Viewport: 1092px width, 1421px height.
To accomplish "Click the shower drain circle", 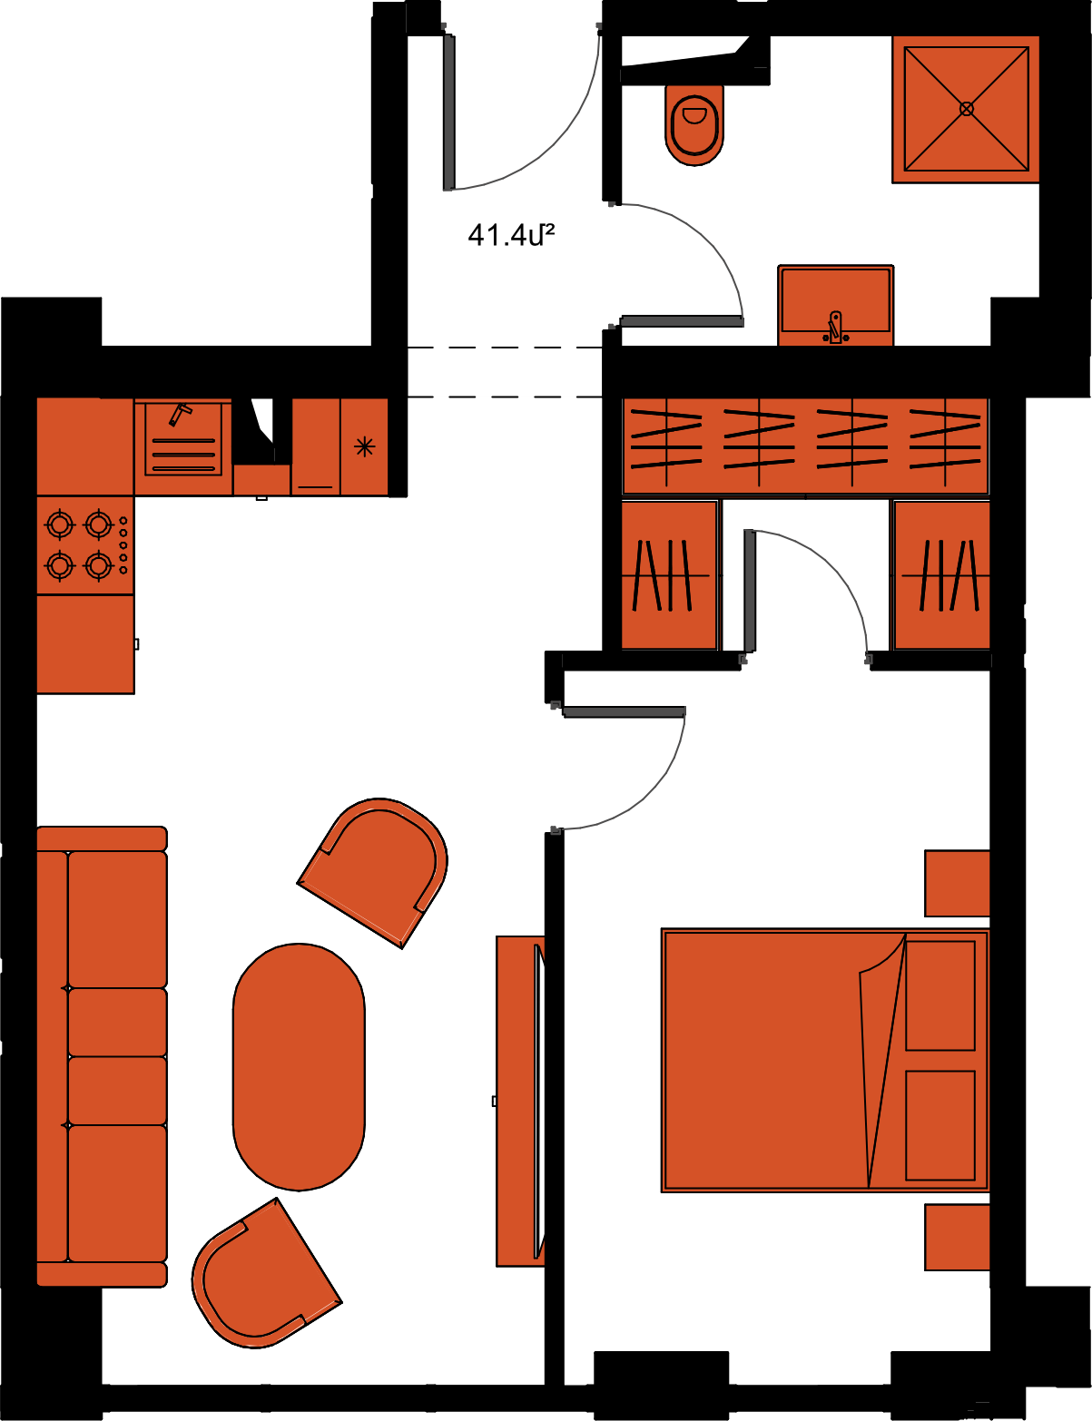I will click(967, 109).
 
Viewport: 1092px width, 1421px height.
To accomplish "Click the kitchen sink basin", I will click(183, 440).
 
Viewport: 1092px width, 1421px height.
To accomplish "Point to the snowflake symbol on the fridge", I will click(364, 446).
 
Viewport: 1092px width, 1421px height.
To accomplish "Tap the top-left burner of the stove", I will click(60, 524).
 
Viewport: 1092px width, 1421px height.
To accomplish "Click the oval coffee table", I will click(299, 1067).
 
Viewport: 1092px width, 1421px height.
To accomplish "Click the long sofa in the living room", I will click(103, 1056).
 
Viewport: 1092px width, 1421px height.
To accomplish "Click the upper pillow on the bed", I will click(940, 995).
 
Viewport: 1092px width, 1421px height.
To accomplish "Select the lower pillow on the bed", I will click(940, 1125).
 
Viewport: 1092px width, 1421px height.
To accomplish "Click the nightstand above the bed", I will click(957, 883).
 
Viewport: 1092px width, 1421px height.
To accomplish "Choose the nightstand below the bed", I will click(957, 1237).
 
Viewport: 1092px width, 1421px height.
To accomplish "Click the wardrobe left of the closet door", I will click(670, 575).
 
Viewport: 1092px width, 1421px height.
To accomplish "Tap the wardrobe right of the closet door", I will click(942, 575).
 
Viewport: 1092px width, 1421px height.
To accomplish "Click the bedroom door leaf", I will click(624, 711).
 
